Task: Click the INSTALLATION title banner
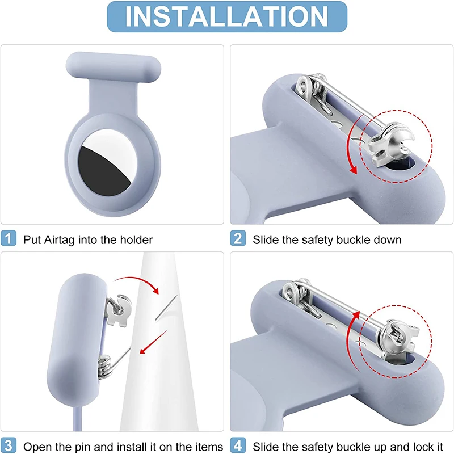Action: pos(227,16)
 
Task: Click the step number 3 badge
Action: pos(9,445)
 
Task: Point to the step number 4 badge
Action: pos(238,445)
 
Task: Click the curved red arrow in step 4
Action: pos(349,342)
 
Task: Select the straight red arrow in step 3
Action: pos(153,342)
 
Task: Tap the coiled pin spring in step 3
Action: pos(105,367)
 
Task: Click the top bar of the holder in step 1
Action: pos(113,67)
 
